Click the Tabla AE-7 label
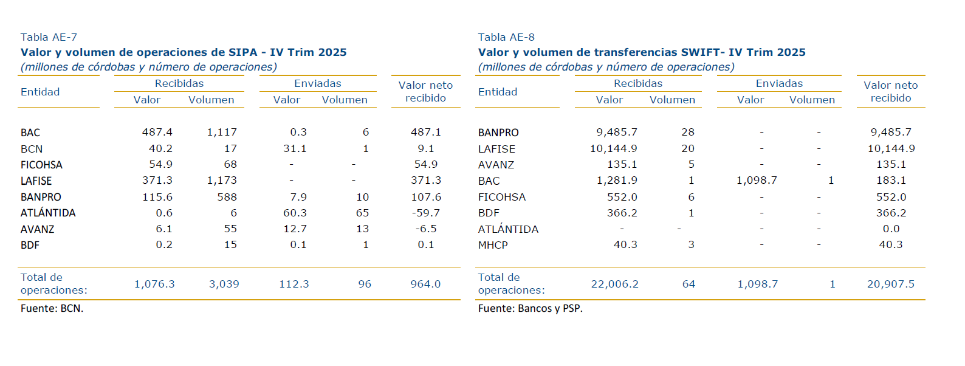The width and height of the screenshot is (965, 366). (49, 37)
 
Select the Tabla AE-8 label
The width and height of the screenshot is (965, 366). (506, 37)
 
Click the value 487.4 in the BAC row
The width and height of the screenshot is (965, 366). (157, 132)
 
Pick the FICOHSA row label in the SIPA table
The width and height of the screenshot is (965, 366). (41, 165)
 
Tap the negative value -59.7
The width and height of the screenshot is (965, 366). (425, 213)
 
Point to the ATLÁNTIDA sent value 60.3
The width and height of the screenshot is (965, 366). (295, 213)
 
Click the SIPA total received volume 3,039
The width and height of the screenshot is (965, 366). (224, 284)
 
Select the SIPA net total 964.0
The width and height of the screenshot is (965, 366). (425, 284)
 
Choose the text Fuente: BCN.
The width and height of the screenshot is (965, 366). (52, 308)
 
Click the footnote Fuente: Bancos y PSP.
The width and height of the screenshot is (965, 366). (530, 308)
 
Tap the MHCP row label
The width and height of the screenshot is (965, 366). (493, 245)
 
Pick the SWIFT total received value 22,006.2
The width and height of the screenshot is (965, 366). (614, 284)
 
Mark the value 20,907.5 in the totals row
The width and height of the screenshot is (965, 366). (890, 284)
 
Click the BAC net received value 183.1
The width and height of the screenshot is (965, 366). (891, 181)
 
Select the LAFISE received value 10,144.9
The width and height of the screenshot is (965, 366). (613, 148)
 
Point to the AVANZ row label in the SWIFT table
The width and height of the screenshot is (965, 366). (496, 165)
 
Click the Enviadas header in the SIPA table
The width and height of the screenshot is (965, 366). (317, 83)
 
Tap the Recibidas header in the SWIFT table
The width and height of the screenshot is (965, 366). (637, 83)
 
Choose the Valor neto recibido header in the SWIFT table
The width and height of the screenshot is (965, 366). (890, 91)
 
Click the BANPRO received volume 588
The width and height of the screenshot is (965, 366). (227, 197)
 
